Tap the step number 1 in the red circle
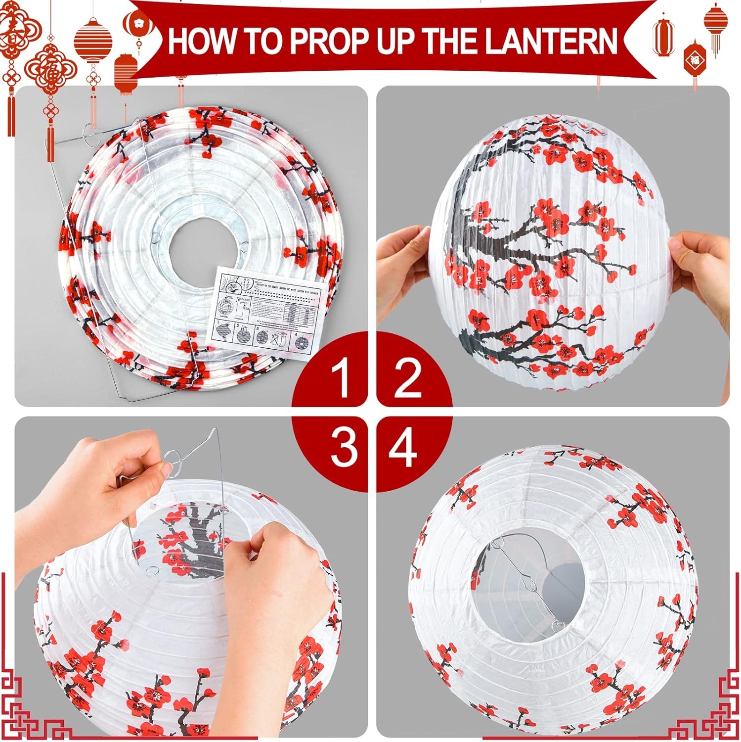click(x=341, y=378)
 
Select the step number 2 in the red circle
click(x=408, y=378)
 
